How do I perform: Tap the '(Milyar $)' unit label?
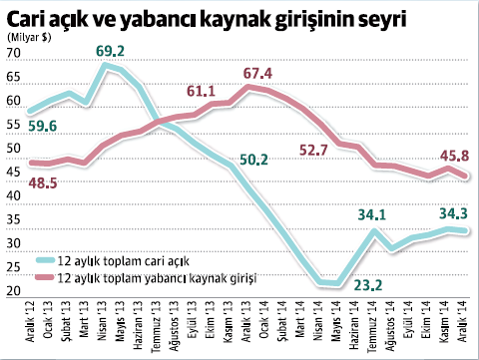[x=29, y=38]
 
